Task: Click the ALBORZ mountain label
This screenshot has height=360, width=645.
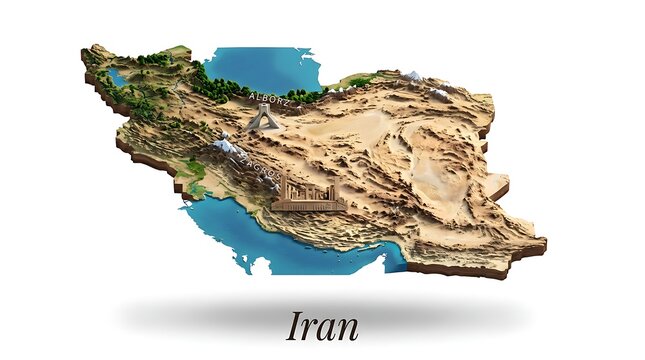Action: pyautogui.click(x=267, y=99)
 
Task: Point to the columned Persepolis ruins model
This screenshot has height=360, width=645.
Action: pyautogui.click(x=308, y=195)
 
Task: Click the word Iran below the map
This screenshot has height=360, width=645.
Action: pyautogui.click(x=322, y=325)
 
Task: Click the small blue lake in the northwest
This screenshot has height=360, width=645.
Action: pyautogui.click(x=118, y=76)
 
